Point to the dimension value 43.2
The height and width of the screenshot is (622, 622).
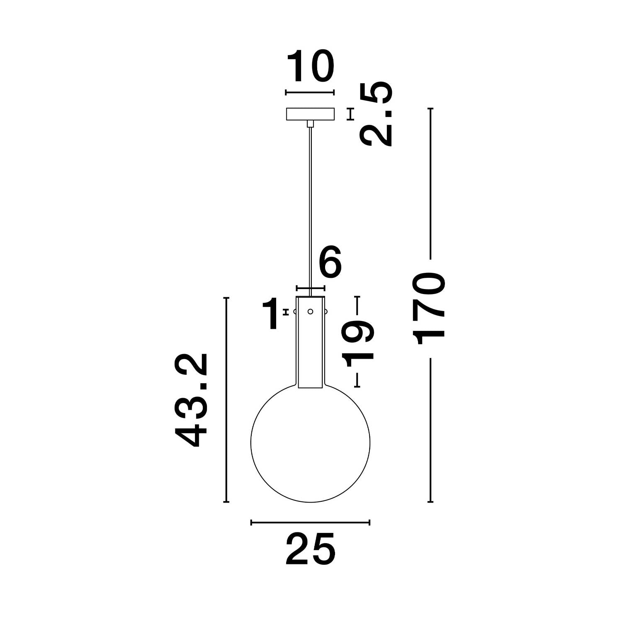pos(191,400)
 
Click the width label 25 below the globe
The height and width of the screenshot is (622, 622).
pos(310,549)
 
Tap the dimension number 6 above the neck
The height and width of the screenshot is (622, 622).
pos(330,262)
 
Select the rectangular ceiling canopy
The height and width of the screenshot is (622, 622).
pos(310,114)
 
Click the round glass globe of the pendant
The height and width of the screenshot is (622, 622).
pos(251,442)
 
